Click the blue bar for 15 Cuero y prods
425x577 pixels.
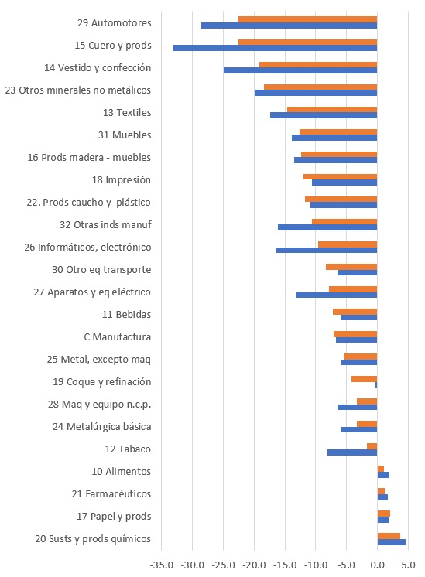(275, 48)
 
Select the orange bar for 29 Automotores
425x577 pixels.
(307, 19)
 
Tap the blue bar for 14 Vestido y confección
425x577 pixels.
(300, 70)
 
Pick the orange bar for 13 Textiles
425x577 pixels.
(332, 109)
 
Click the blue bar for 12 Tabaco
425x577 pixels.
(352, 452)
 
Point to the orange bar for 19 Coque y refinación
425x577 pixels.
(365, 379)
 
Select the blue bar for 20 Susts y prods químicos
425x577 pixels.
(392, 542)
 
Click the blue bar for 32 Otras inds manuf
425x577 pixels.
(327, 227)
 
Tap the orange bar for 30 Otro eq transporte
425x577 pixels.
(351, 267)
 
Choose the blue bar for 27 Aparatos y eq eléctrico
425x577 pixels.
(336, 295)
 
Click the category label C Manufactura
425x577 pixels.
(118, 337)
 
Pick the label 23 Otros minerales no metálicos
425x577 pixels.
(78, 90)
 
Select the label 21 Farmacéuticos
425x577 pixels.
(111, 493)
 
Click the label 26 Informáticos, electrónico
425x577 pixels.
(87, 248)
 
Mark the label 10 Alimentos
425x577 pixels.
(122, 471)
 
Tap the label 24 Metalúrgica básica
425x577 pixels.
(101, 426)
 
